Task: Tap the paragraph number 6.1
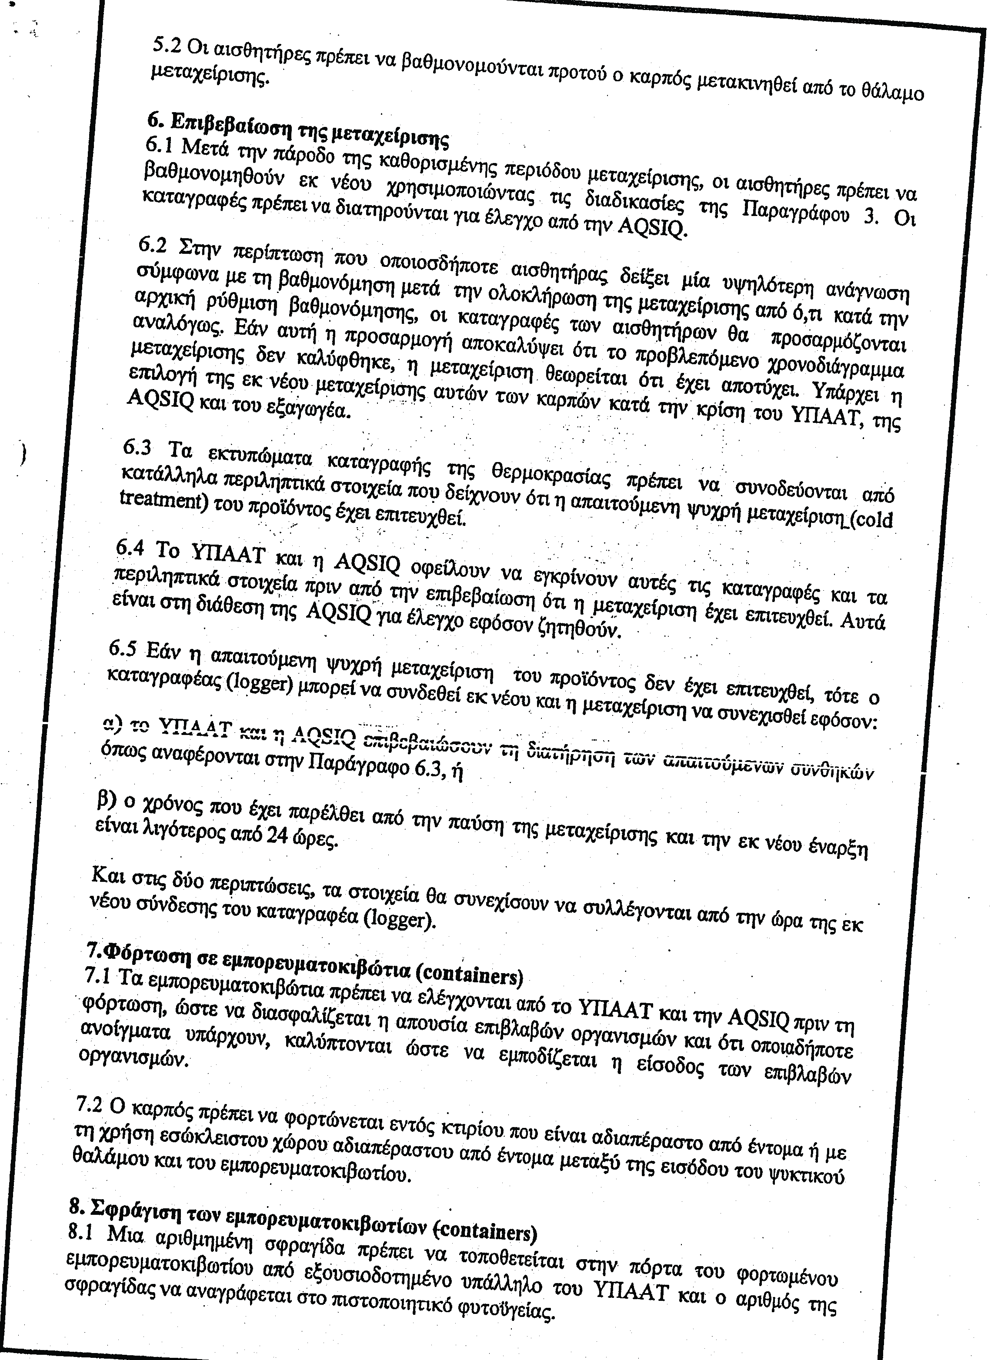point(161,144)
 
